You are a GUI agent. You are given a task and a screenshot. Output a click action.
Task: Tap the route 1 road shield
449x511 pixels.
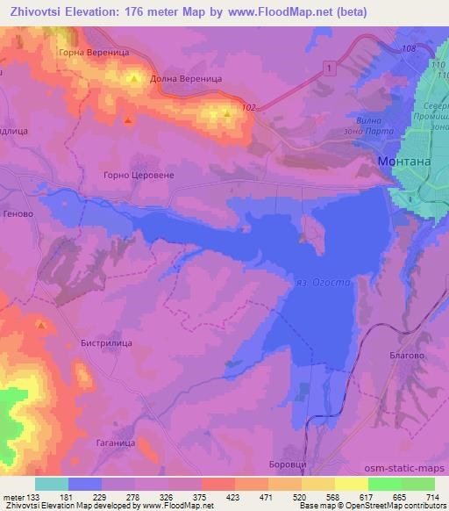coord(327,68)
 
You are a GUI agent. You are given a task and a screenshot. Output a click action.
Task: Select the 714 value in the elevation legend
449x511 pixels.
coord(433,498)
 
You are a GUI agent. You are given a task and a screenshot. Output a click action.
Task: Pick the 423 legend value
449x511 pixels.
coord(235,498)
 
